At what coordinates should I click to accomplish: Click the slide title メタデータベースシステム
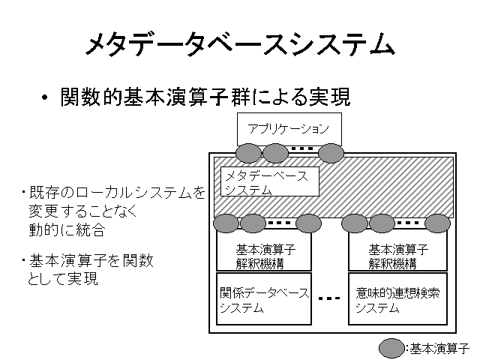pyautogui.click(x=240, y=45)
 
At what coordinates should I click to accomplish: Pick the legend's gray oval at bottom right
pyautogui.click(x=391, y=348)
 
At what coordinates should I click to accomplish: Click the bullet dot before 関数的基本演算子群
pyautogui.click(x=45, y=97)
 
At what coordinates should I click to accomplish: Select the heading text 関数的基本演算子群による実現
pyautogui.click(x=205, y=97)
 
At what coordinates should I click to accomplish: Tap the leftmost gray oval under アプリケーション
pyautogui.click(x=248, y=153)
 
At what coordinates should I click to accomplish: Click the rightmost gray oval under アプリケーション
pyautogui.click(x=331, y=153)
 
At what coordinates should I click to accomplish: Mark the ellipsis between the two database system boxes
pyautogui.click(x=329, y=298)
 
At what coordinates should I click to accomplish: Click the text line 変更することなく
pyautogui.click(x=83, y=211)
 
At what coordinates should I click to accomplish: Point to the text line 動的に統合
pyautogui.click(x=67, y=229)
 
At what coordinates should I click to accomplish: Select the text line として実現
pyautogui.click(x=63, y=278)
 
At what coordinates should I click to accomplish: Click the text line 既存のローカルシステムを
pyautogui.click(x=117, y=193)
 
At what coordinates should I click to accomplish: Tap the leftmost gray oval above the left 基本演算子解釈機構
pyautogui.click(x=226, y=223)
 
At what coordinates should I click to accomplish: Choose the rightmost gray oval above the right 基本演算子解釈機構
pyautogui.click(x=438, y=223)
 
